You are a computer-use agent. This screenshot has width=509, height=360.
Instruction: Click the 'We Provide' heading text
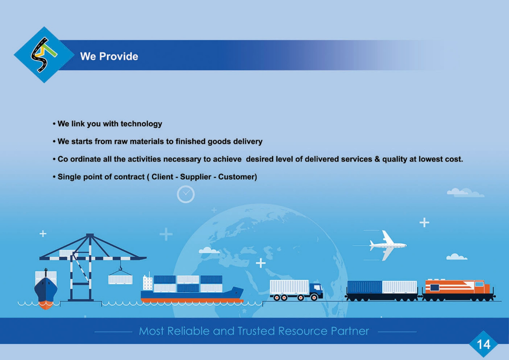109,56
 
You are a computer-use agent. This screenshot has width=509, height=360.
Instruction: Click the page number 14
483,344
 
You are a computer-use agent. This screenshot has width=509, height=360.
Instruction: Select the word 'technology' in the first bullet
141,124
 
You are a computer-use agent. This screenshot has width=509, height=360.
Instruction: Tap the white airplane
387,245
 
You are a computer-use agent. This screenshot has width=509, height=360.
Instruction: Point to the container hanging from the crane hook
120,280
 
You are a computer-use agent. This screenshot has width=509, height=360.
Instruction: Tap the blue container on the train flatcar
364,287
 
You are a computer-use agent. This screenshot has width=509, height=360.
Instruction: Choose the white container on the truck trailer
289,287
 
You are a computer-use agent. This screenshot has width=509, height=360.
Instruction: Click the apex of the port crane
90,235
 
